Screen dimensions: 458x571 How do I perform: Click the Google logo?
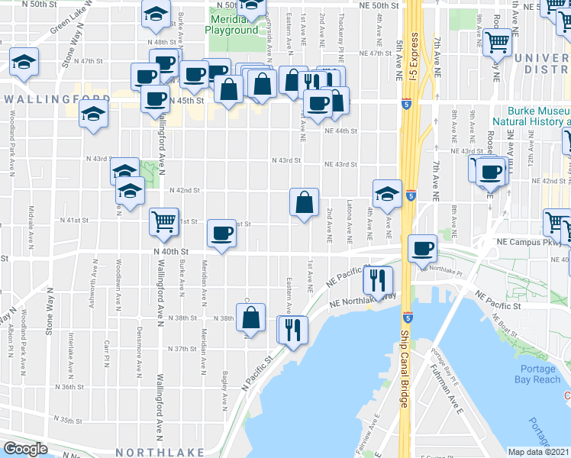click(26, 448)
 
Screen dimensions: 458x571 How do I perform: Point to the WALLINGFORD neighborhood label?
click(50, 99)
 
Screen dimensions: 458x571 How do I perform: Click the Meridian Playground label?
click(231, 24)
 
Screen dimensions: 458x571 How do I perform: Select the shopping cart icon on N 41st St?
click(163, 221)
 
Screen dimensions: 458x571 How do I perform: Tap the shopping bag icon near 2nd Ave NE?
click(304, 202)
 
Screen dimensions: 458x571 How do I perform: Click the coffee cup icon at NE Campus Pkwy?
click(422, 248)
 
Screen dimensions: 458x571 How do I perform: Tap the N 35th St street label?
click(67, 420)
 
